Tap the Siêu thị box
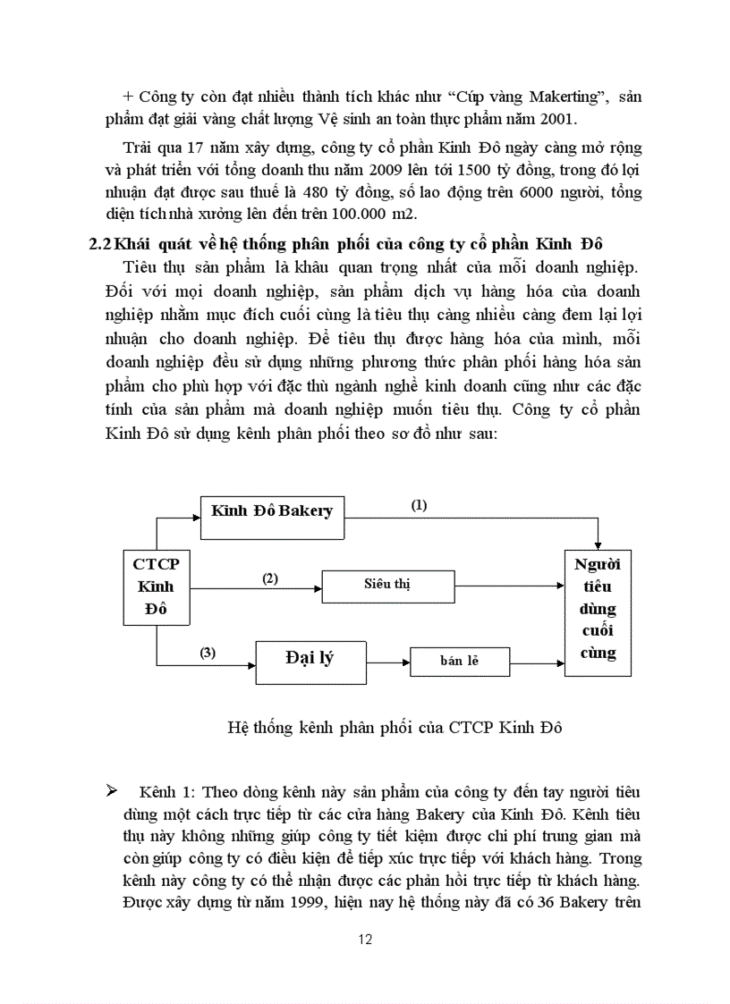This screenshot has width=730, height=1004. pos(387,586)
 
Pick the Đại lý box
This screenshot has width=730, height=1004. pos(310,662)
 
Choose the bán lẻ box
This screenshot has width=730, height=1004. pos(459,662)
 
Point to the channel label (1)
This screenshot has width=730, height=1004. pos(419,505)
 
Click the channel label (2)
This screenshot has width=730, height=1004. pos(269,578)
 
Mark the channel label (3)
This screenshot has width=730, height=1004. pos(208,653)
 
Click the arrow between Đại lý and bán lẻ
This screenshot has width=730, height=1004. pos(386,662)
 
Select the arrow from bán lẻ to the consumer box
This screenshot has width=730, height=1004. pos(537,662)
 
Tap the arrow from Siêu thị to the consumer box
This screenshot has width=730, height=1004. pos(510,587)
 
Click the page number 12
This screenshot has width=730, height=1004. pos(364,939)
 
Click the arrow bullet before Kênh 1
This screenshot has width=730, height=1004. pos(112,790)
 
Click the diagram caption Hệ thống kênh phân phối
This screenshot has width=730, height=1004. pos(395,727)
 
